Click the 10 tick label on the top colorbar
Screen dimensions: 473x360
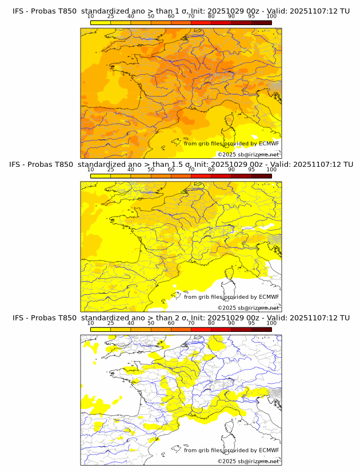point(91,16)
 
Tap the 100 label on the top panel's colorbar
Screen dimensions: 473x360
point(271,16)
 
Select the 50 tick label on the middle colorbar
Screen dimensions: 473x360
point(151,170)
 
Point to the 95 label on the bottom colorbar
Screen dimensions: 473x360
point(251,323)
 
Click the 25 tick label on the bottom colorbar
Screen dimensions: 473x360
point(111,323)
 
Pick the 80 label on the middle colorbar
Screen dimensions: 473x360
point(211,170)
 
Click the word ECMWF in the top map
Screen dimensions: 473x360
point(269,143)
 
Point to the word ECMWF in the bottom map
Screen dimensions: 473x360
point(269,450)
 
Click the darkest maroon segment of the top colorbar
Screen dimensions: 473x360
point(261,22)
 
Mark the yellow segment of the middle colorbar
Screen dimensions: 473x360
point(101,176)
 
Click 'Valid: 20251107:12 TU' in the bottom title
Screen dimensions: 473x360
point(309,318)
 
